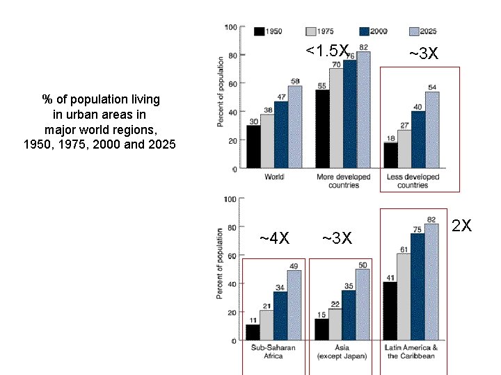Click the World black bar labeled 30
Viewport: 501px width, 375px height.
click(253, 147)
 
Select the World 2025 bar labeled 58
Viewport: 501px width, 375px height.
click(295, 127)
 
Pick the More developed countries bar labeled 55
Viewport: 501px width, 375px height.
click(322, 129)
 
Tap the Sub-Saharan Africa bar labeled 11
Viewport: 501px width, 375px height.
click(253, 333)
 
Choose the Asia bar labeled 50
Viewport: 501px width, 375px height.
click(363, 305)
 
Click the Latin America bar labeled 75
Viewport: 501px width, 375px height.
click(417, 287)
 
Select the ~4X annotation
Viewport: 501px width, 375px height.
click(274, 239)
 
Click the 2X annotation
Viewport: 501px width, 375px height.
click(462, 226)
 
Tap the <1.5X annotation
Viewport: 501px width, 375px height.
click(326, 51)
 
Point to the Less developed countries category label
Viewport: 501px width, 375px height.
click(413, 181)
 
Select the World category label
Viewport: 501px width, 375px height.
click(274, 177)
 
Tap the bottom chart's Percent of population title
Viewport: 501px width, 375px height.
click(220, 264)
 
